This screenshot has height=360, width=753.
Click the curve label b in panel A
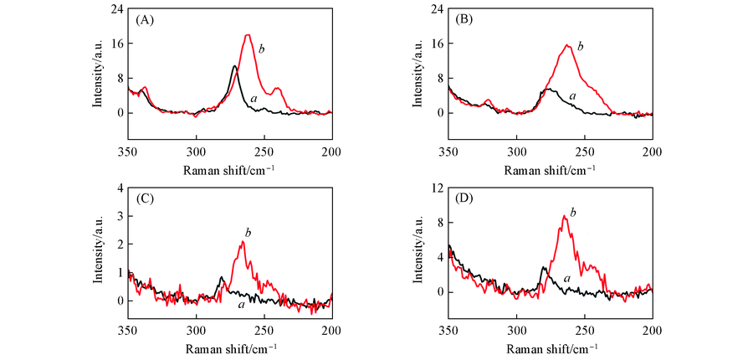coord(262,49)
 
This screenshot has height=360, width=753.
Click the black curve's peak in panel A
coord(235,65)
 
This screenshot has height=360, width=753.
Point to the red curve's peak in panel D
coord(565,215)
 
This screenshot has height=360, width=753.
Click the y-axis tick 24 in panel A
coord(117,9)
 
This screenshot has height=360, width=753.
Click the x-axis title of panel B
coord(551,171)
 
